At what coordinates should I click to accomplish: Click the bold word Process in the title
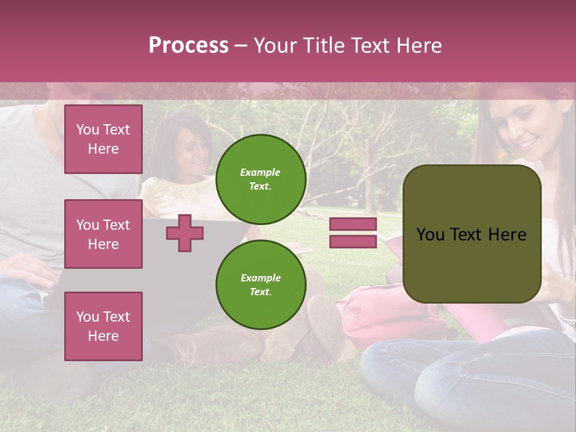pos(188,46)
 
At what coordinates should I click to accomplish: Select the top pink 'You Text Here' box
pos(103,139)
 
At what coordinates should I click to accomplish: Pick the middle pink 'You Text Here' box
pos(103,234)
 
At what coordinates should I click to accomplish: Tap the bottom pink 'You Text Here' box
pos(103,326)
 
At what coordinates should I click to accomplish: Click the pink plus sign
pos(185,233)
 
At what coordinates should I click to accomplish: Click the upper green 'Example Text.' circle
pos(260,179)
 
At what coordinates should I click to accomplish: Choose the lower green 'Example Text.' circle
pos(260,284)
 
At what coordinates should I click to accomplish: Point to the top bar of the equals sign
pos(353,224)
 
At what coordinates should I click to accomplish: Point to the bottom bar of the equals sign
pos(353,241)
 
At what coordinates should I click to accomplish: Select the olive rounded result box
pos(472,234)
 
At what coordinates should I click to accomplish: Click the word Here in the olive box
pos(507,235)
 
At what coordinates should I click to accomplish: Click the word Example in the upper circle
pos(260,172)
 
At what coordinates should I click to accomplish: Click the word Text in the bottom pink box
pos(116,316)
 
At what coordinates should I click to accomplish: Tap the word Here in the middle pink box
pos(103,244)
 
